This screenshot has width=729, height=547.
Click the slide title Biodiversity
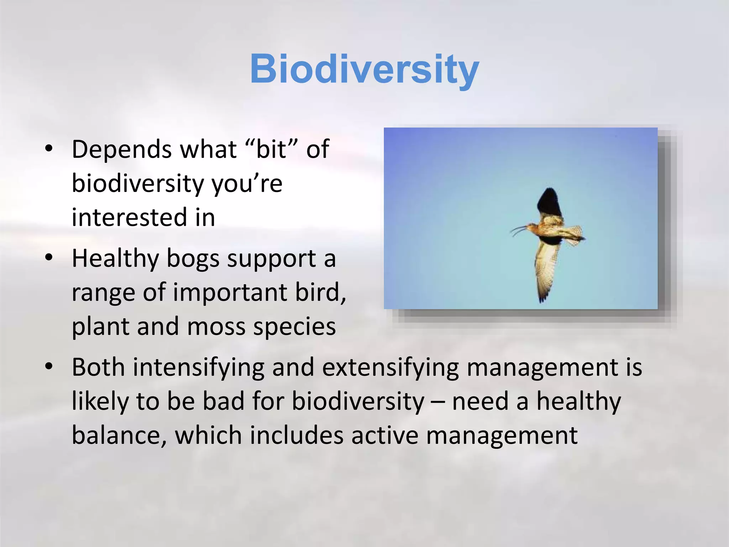point(364,69)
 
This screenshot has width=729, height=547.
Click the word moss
point(216,327)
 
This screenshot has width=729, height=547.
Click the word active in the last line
point(384,436)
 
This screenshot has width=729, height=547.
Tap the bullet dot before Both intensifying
point(49,366)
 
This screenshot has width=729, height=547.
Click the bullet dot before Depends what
point(49,149)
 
